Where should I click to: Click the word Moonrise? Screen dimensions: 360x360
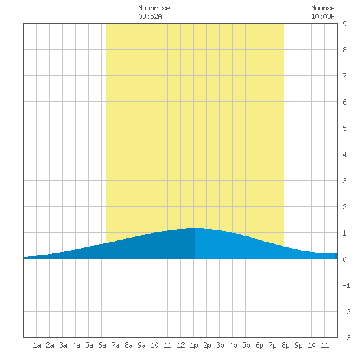154,8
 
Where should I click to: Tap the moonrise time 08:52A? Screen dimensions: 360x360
150,16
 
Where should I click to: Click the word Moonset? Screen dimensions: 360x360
325,8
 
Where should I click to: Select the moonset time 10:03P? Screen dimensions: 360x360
323,16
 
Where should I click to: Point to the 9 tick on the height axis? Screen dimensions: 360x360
344,24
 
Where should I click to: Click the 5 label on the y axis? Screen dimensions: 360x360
344,128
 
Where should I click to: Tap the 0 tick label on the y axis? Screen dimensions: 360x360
344,259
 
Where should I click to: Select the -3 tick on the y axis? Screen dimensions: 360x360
346,338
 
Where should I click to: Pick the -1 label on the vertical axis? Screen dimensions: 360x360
346,285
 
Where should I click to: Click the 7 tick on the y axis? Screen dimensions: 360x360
344,76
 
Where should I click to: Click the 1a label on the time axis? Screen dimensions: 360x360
37,345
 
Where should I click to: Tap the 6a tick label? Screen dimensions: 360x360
102,345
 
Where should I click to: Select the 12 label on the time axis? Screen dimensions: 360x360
181,345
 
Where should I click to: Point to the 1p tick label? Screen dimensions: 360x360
194,345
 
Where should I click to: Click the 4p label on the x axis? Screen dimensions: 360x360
233,345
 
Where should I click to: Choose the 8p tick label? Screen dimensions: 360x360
285,345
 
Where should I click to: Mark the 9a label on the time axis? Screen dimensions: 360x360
141,345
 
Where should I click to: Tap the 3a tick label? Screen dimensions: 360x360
63,345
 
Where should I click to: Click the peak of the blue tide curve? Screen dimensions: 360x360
195,228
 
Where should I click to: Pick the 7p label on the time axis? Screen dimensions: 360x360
272,345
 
